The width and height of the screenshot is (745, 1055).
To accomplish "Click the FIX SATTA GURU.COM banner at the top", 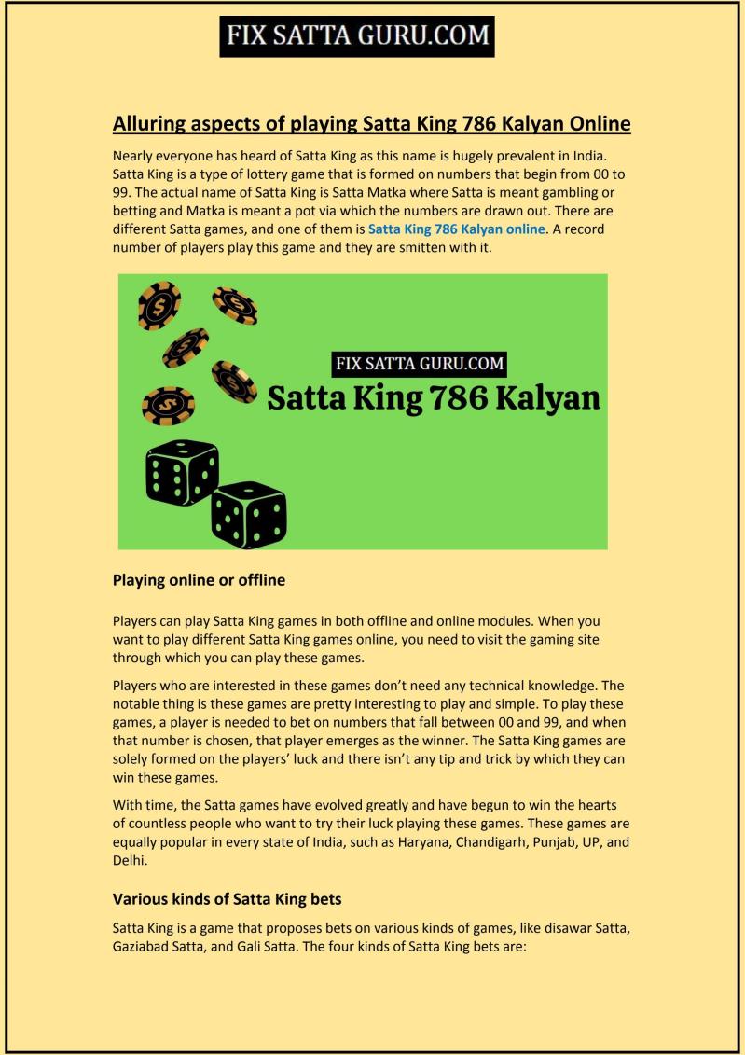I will click(x=356, y=35).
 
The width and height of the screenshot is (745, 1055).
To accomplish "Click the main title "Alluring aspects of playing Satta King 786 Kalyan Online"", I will click(x=372, y=123).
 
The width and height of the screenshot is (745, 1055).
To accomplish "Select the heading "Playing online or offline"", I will click(x=199, y=579).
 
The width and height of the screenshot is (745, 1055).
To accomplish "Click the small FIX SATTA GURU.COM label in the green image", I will click(x=420, y=364).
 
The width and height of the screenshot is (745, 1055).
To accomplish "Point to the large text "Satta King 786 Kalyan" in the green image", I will click(x=434, y=398).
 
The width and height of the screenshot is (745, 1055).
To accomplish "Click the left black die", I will click(x=182, y=470).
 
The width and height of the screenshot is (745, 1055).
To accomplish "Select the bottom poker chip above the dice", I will click(x=168, y=405).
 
